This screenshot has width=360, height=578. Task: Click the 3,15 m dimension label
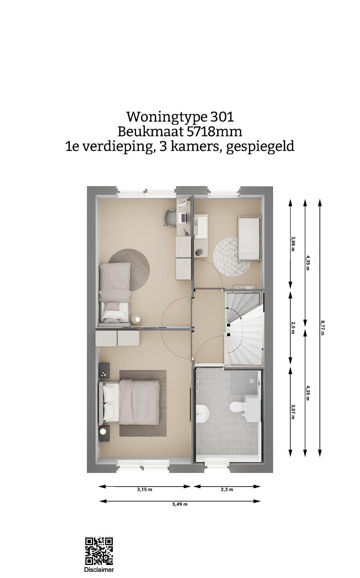click(145, 489)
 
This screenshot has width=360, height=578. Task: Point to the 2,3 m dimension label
click(227, 489)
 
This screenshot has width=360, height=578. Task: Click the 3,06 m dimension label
click(293, 244)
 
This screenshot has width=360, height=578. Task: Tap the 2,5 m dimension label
click(293, 328)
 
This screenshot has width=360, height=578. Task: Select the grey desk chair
click(170, 218)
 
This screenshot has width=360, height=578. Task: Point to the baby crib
click(249, 238)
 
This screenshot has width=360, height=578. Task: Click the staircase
click(244, 328)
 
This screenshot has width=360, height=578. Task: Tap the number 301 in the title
click(222, 117)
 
